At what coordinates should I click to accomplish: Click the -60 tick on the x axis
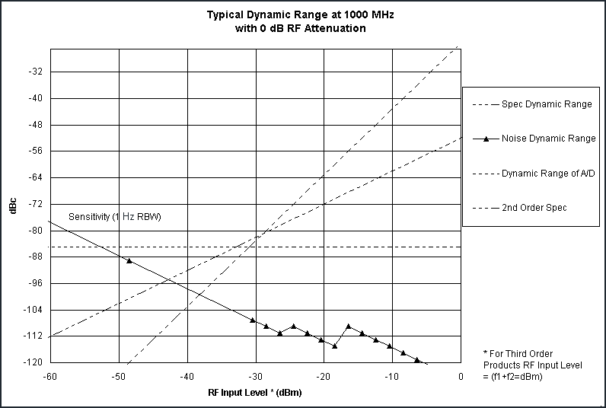click(50, 376)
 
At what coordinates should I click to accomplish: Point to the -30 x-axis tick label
click(255, 376)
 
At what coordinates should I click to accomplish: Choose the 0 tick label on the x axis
click(461, 376)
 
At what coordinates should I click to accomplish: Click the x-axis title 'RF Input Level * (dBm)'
click(255, 394)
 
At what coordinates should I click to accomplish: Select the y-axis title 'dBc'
click(13, 206)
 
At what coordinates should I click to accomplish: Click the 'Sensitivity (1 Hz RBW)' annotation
click(116, 217)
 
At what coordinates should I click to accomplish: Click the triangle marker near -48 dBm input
click(129, 260)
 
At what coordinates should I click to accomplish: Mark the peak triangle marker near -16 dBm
click(349, 326)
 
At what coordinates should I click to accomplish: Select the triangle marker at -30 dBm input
click(253, 320)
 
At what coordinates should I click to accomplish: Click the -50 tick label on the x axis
click(119, 376)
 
